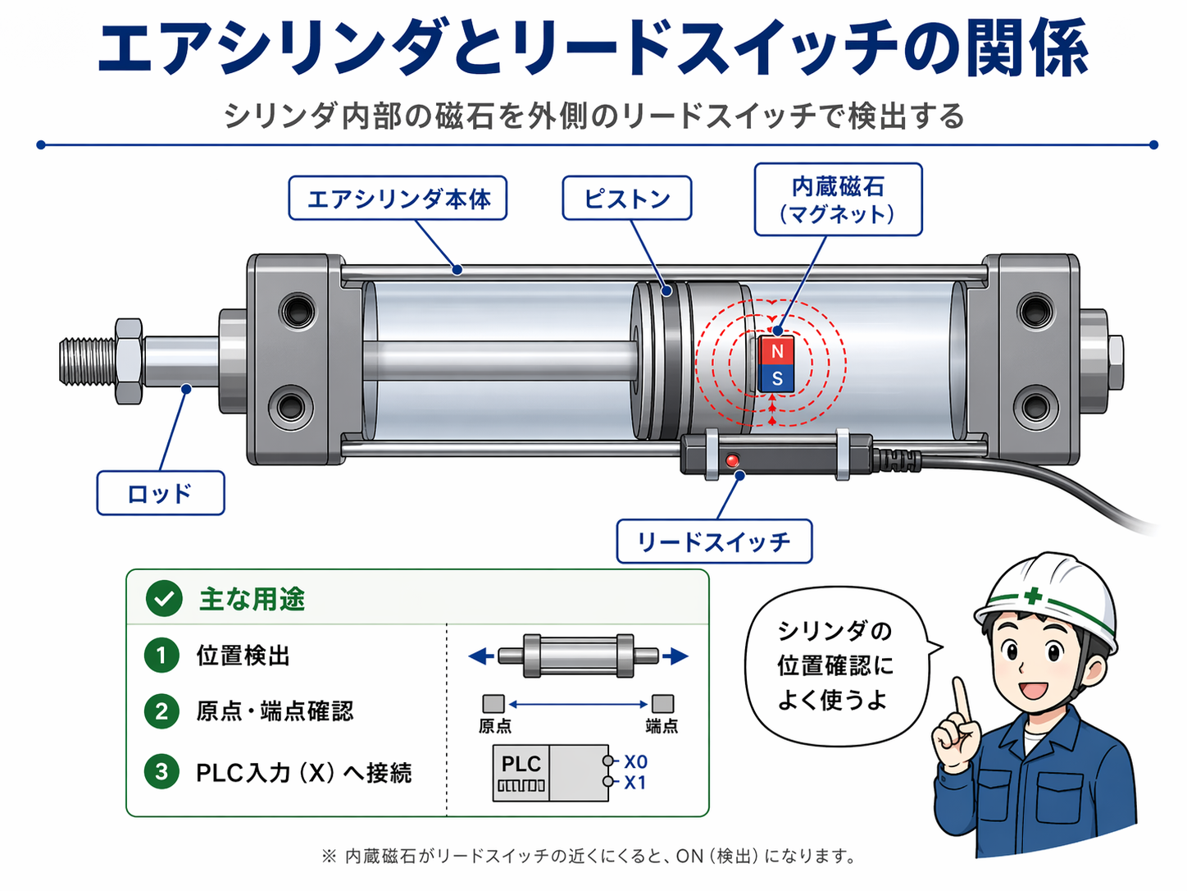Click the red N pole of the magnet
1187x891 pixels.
click(x=776, y=350)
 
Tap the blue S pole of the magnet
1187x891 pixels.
click(x=776, y=378)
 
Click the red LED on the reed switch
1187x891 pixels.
click(x=732, y=460)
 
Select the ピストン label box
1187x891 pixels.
click(x=627, y=198)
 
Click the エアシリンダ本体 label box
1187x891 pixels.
click(x=398, y=198)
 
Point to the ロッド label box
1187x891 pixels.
click(x=161, y=493)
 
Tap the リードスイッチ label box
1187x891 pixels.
click(x=714, y=541)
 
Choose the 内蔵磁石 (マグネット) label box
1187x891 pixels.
click(x=839, y=199)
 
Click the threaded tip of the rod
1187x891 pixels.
click(x=87, y=361)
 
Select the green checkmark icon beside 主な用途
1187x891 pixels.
click(x=164, y=599)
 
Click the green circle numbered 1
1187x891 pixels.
click(x=161, y=656)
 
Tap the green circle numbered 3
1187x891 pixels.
click(x=161, y=771)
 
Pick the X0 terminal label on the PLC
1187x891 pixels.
click(x=635, y=761)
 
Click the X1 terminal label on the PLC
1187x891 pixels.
click(x=634, y=783)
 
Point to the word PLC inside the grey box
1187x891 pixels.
click(x=521, y=764)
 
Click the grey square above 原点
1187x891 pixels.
click(x=493, y=704)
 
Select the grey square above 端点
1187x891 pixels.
click(x=662, y=704)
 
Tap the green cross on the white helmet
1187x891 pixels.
click(x=1032, y=596)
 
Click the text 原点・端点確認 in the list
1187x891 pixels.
click(x=275, y=711)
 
